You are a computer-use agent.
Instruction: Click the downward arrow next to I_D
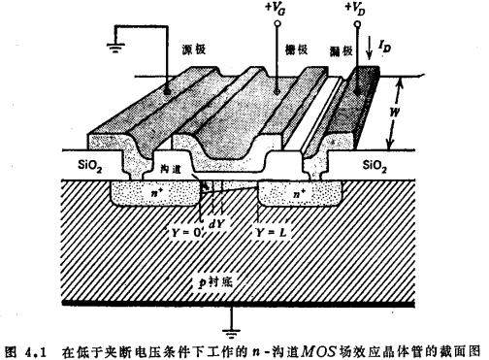(x=373, y=45)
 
